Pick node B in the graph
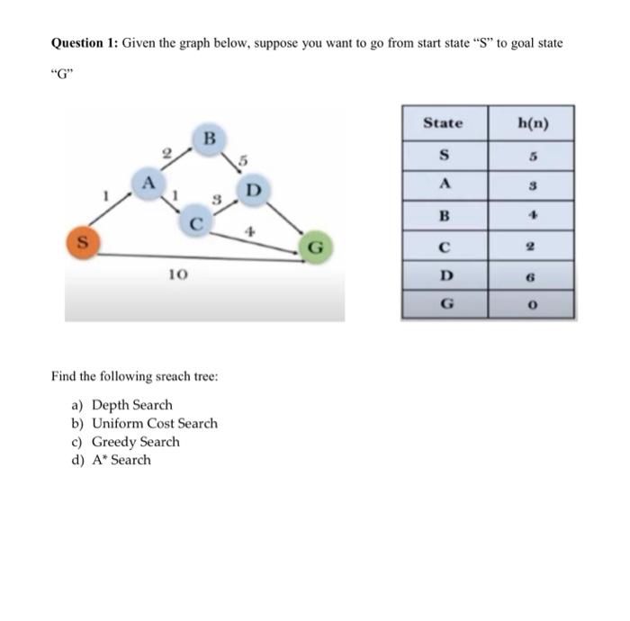coord(208,139)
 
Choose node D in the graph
coord(253,191)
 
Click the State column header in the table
coord(442,123)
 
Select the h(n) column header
coord(530,123)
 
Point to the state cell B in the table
coord(442,215)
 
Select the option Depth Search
coord(132,405)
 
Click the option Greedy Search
coord(136,442)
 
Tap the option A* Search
coord(121,460)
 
